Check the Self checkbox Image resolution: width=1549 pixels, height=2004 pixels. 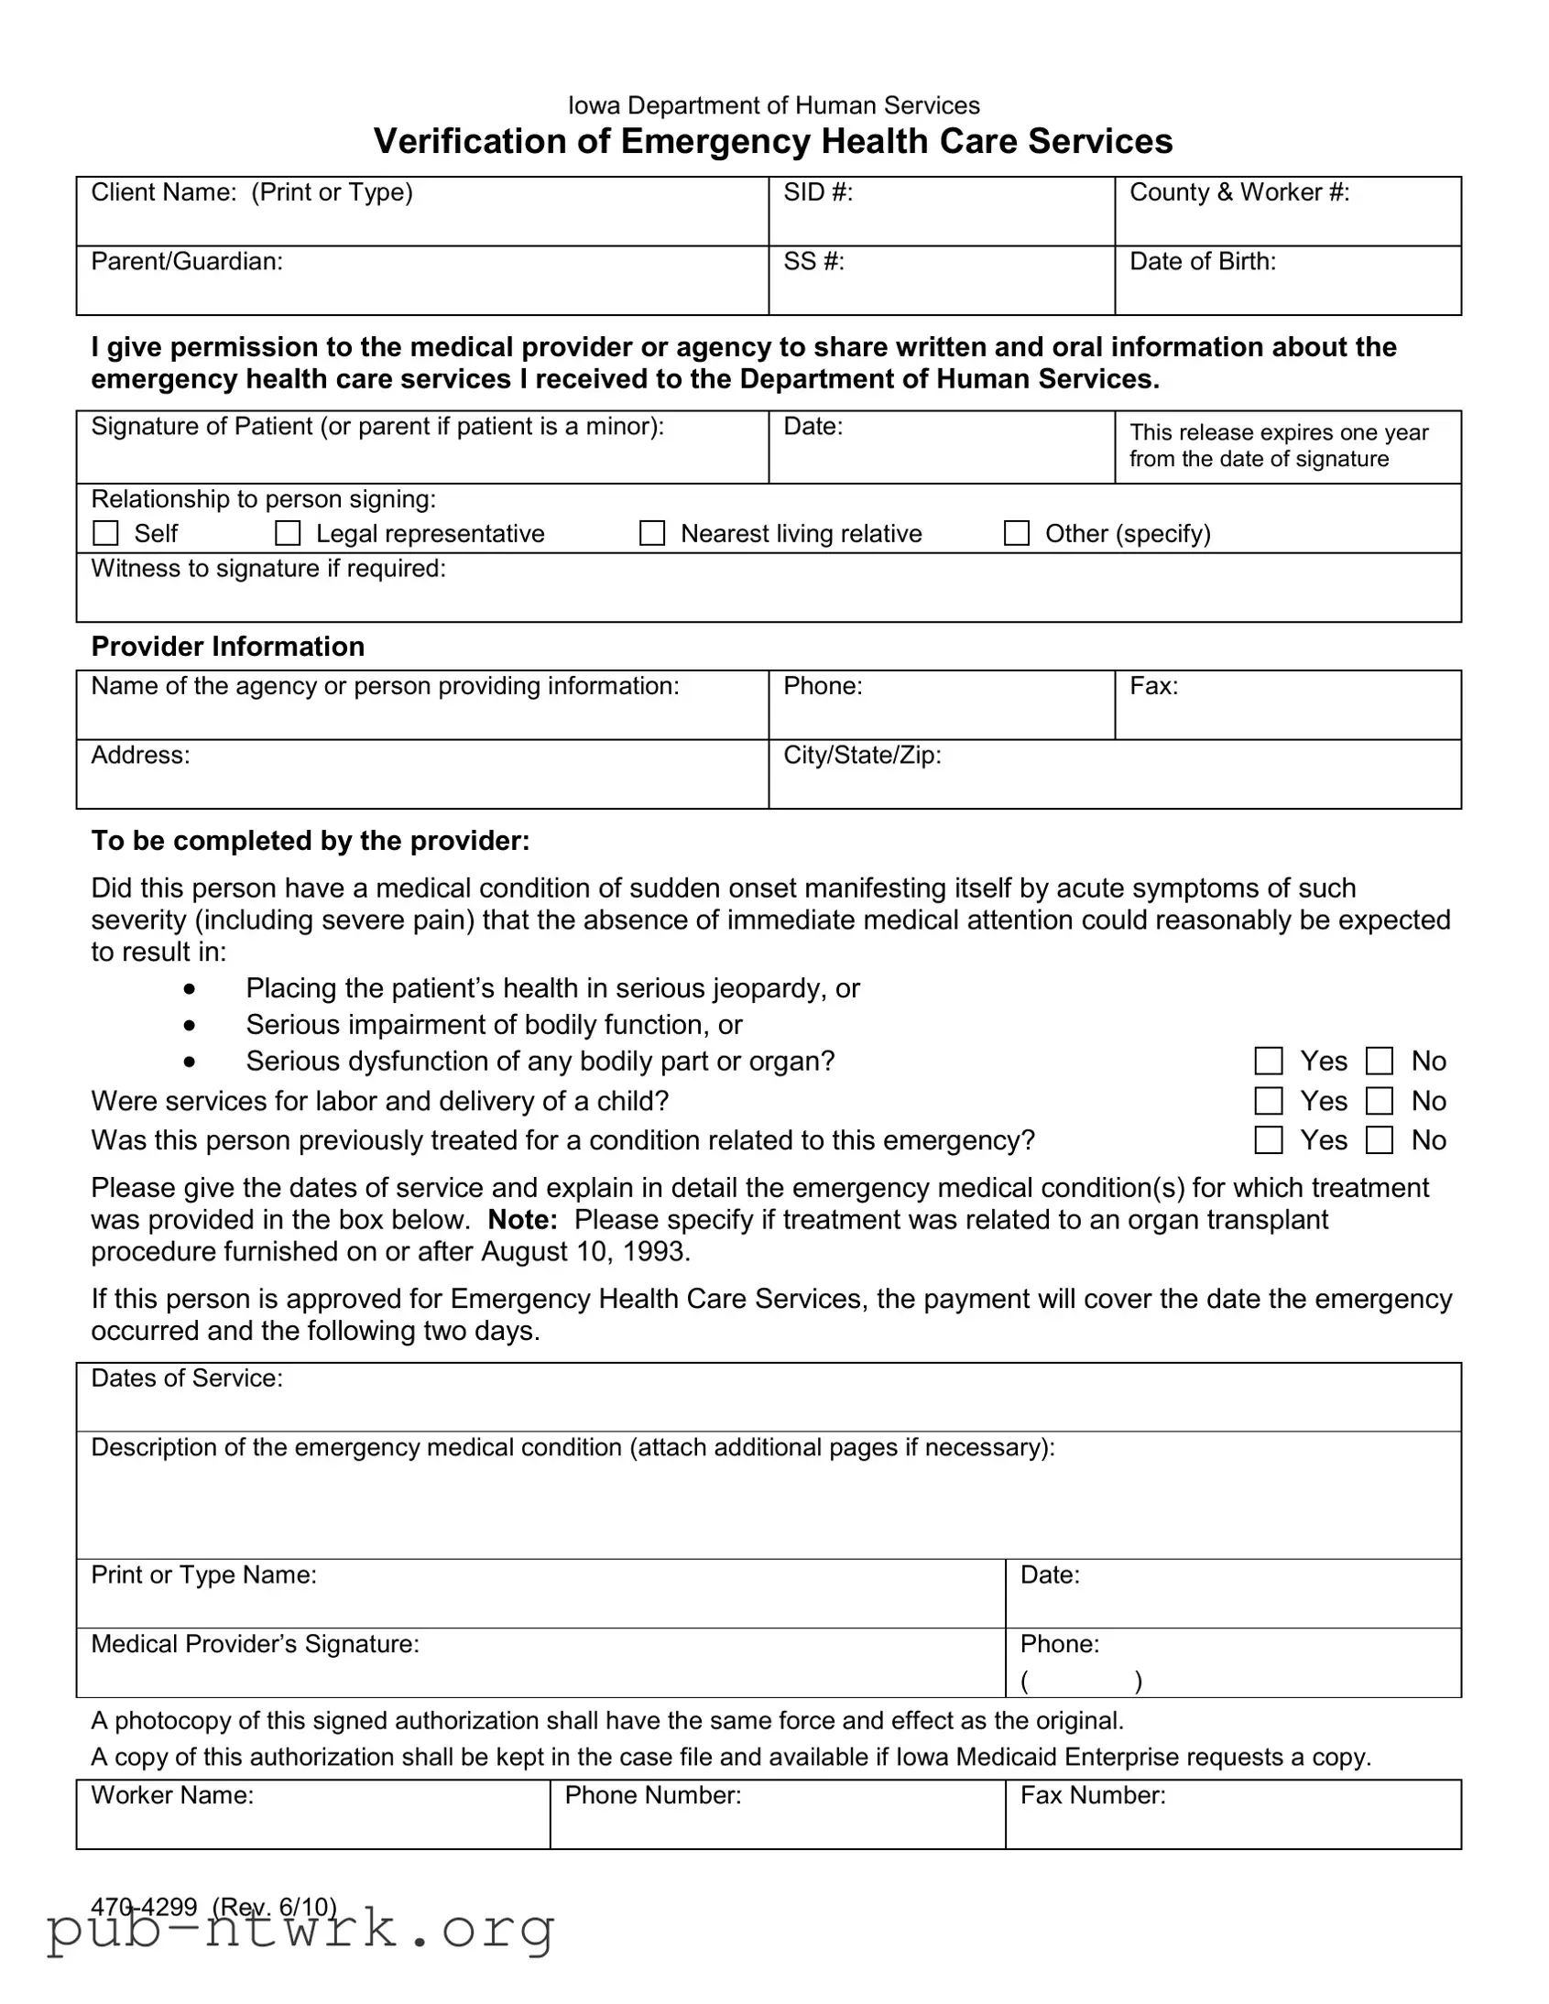[106, 533]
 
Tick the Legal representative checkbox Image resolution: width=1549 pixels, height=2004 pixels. [289, 533]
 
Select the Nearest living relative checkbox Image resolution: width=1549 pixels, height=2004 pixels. [651, 533]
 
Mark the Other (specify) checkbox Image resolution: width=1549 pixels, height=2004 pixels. [1016, 533]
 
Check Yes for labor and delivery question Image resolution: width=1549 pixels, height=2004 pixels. [1268, 1100]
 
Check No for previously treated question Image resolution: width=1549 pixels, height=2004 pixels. [1380, 1139]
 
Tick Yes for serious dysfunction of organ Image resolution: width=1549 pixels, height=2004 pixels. [1268, 1061]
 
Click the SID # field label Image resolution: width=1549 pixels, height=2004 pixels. [818, 192]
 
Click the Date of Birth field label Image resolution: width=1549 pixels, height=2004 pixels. [1202, 262]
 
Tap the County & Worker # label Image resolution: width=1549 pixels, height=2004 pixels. [1238, 192]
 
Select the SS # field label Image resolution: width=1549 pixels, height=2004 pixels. [813, 262]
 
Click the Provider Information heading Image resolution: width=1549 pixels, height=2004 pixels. [227, 647]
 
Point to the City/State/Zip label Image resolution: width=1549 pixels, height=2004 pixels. [862, 756]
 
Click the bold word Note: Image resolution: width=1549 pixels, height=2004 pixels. [522, 1219]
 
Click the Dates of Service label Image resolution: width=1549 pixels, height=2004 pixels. [186, 1378]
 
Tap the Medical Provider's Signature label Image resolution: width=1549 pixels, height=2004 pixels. [254, 1643]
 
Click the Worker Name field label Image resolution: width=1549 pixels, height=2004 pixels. [171, 1795]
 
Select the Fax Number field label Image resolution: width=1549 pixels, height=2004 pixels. [1092, 1795]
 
